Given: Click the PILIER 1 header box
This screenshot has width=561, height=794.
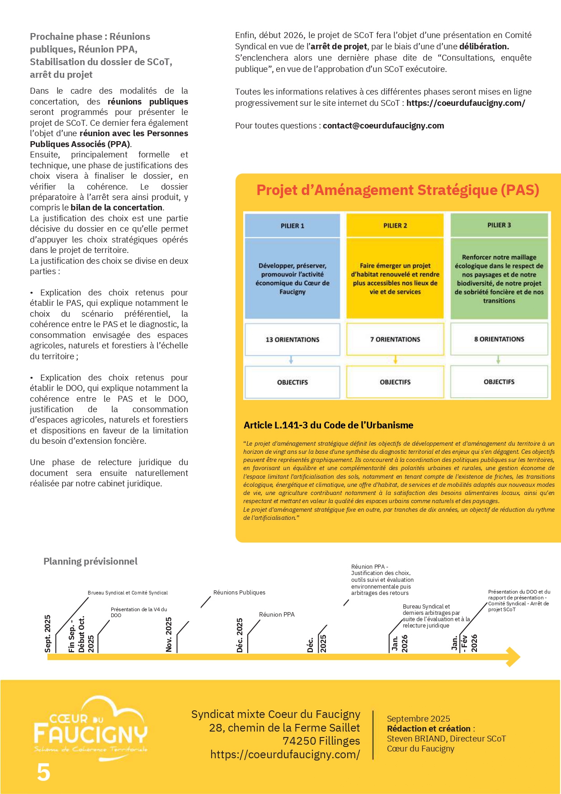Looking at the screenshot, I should pos(292,225).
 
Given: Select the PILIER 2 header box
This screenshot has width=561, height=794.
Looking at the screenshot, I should pos(395,225).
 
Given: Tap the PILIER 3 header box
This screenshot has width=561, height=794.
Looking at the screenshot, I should pos(499,225).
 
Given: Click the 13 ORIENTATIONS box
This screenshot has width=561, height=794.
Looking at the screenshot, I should pos(292,339).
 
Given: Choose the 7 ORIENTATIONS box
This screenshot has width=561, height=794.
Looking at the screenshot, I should pos(395,339).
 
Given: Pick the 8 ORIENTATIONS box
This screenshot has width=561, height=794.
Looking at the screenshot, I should pos(499,339).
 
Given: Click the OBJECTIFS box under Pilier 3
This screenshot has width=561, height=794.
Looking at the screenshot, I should pos(499,382).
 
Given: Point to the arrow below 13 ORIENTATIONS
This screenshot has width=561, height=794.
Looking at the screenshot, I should pos(291,360).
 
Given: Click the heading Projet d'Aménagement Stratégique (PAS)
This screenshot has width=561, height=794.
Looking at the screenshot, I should pos(398,190).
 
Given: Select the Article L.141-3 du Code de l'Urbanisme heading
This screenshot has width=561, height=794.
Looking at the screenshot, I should pos(329,425).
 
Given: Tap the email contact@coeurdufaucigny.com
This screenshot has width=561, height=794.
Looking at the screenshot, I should pos(383,126).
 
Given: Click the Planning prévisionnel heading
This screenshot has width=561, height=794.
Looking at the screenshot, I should pos(90,561).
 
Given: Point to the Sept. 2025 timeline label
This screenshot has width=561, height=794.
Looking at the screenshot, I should pos(48,633).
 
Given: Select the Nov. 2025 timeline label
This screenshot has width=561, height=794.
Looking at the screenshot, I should pos(169,634).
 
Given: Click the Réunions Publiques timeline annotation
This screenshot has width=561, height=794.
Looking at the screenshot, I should pos(239,593).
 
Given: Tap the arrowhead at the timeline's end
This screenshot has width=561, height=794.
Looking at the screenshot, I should pos(514,657).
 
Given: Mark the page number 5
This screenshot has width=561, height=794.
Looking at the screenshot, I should pos(44,772).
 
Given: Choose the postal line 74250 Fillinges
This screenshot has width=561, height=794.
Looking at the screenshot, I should pos(321,741).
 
